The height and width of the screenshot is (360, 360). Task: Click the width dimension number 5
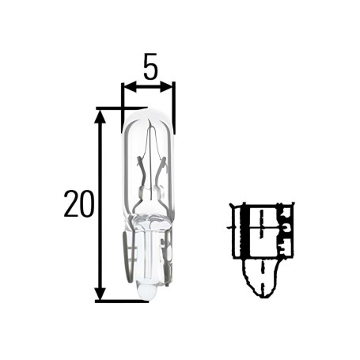(x=149, y=68)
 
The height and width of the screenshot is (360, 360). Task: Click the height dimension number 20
(x=78, y=205)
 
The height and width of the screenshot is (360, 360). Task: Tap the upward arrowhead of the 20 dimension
(x=100, y=116)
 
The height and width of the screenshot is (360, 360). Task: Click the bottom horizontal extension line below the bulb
(x=119, y=301)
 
